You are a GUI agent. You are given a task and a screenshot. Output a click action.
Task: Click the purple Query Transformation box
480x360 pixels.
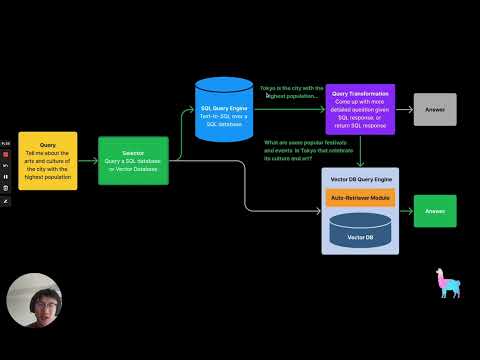[360, 109]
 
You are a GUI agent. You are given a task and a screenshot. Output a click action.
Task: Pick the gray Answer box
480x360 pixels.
[435, 109]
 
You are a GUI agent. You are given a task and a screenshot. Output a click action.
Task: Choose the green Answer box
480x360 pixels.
[435, 211]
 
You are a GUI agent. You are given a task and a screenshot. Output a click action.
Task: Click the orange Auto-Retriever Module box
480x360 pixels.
[360, 198]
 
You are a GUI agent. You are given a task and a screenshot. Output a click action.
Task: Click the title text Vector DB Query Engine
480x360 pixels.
[360, 178]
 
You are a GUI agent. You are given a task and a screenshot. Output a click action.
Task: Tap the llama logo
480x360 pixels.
[447, 283]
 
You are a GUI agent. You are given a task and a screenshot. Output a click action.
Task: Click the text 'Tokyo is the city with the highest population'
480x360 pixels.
[291, 92]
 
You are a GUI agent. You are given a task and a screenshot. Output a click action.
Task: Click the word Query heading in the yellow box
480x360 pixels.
[47, 145]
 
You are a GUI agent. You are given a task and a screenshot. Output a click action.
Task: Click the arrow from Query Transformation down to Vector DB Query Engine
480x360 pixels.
[360, 150]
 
